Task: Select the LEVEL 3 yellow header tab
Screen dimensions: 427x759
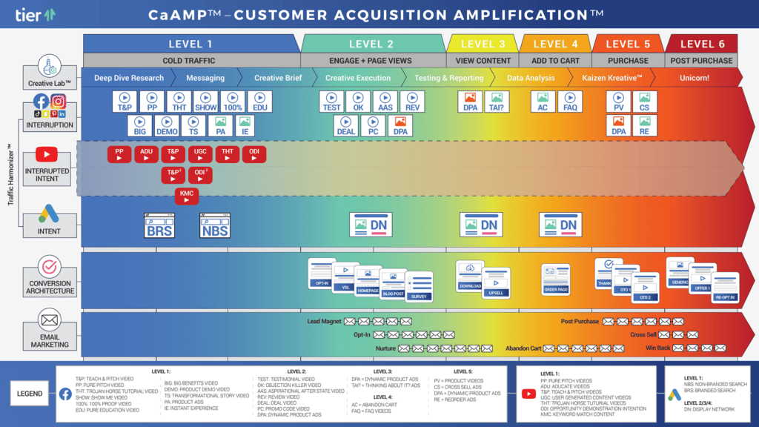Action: pos(483,44)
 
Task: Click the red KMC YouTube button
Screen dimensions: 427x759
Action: pos(187,196)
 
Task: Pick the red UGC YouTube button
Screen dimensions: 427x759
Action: pos(200,154)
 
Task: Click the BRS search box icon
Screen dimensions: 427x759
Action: pos(159,225)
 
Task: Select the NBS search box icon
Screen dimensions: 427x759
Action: pos(214,225)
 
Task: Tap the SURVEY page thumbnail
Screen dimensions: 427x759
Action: pos(419,288)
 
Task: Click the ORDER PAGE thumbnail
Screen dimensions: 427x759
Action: pos(555,279)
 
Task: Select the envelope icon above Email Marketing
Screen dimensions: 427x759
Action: pos(50,321)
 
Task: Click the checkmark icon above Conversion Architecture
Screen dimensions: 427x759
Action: pos(50,267)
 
